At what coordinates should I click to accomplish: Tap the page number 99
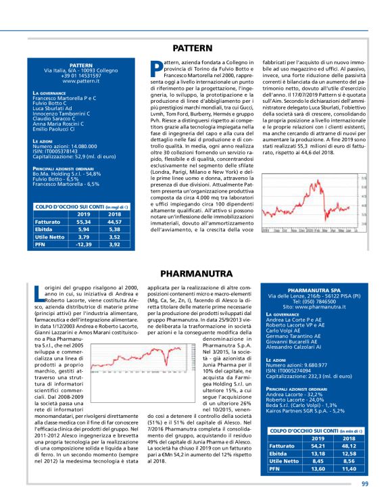(364, 483)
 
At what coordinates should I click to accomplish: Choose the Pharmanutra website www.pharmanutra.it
(312, 308)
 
